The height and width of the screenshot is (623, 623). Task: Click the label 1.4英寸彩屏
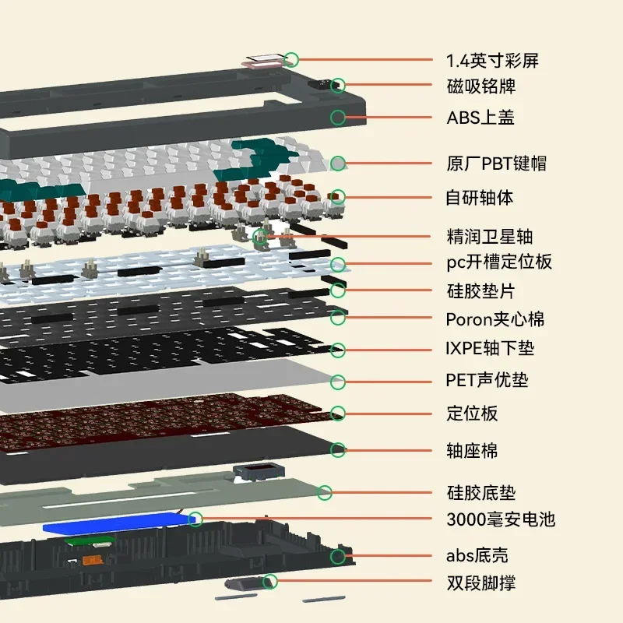(x=492, y=60)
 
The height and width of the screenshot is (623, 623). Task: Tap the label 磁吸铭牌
(x=481, y=86)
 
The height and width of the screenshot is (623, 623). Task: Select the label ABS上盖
(x=480, y=118)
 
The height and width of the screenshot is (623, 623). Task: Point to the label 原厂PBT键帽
(x=496, y=164)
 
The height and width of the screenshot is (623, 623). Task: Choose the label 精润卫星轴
(x=489, y=236)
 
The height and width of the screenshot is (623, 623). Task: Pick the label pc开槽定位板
(x=498, y=262)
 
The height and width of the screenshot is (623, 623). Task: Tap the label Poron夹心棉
(x=495, y=319)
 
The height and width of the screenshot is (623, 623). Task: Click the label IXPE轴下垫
(x=490, y=350)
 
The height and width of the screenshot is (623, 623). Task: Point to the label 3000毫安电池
(x=501, y=519)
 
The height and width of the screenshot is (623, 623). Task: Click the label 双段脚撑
(x=480, y=583)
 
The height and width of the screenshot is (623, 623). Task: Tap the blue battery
(x=117, y=526)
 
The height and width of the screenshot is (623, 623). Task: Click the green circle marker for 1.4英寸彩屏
(x=291, y=58)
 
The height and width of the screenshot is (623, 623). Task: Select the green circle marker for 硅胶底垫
(x=325, y=492)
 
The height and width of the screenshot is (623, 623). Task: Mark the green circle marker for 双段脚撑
(x=270, y=581)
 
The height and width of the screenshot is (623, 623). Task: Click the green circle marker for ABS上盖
(x=338, y=118)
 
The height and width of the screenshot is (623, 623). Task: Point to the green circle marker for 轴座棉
(x=338, y=449)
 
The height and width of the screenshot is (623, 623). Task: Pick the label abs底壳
(x=477, y=556)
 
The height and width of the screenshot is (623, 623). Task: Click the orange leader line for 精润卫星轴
(x=350, y=235)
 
